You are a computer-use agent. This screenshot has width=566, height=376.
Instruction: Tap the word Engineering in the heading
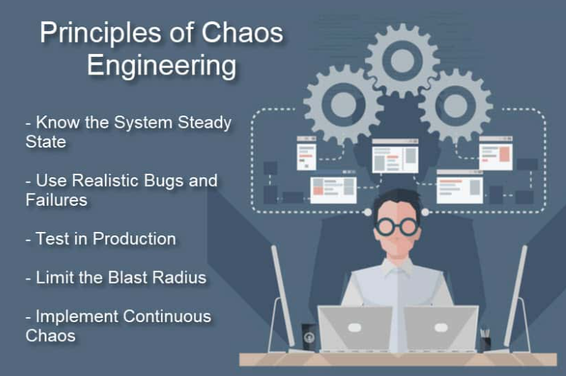pyautogui.click(x=161, y=65)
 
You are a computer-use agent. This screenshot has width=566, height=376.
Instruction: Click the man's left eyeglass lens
pyautogui.click(x=387, y=226)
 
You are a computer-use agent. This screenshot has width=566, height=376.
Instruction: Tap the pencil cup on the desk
pyautogui.click(x=486, y=341)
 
